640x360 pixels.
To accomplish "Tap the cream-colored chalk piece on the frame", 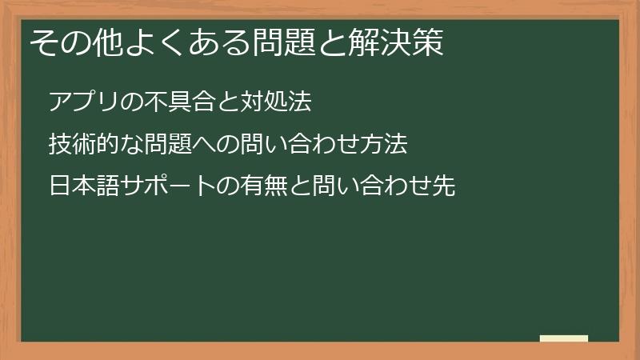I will (564, 339).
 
